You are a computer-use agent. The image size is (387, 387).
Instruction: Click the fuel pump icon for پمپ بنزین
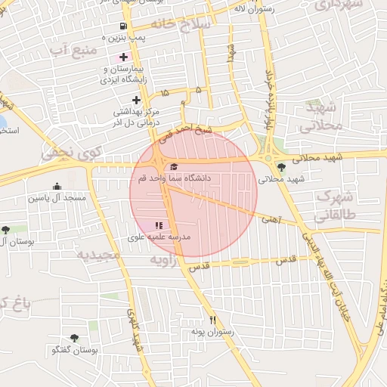pos(123,25)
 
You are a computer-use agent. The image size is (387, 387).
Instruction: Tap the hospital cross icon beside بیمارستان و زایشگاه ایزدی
pos(123,57)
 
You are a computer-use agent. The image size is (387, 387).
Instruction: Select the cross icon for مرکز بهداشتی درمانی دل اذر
pos(136,100)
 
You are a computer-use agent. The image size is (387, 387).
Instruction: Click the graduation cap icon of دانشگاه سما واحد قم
pos(174,167)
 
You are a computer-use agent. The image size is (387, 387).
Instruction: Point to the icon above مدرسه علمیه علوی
pos(159,225)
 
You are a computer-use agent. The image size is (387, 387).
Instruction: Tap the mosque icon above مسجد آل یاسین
pos(57,187)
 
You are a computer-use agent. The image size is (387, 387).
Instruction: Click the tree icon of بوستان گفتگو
pos(74,338)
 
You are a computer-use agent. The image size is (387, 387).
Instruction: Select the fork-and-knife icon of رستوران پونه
pos(212,320)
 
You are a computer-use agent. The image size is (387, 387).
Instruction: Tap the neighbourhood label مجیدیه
pos(98,255)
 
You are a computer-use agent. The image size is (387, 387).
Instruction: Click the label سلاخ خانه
pos(181,23)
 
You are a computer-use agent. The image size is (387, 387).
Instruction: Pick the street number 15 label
pos(165,93)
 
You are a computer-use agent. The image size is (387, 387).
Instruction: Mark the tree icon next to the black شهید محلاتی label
pos(281,168)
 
